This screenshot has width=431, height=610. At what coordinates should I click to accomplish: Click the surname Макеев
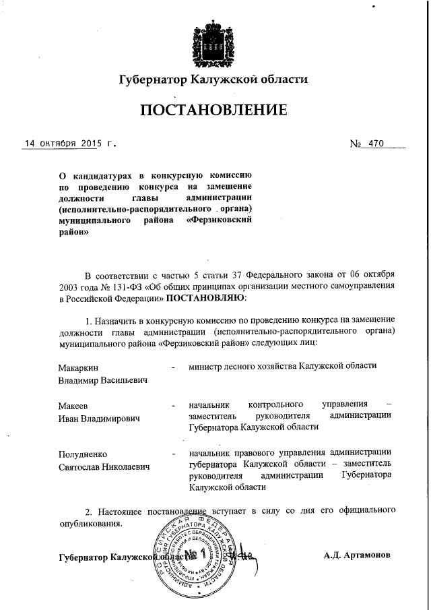pos(74,406)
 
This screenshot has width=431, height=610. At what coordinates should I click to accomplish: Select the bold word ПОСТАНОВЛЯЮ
pos(205,297)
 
